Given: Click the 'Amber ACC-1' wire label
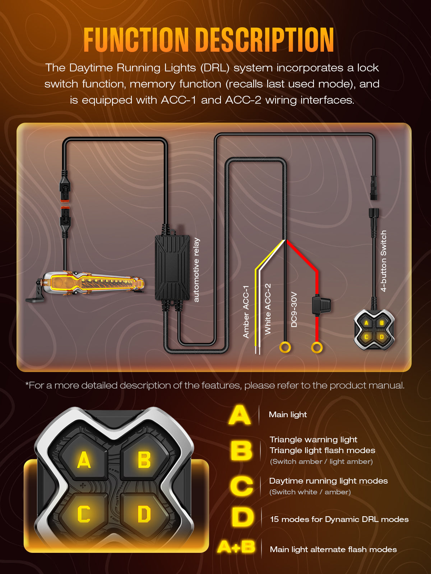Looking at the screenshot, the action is [x=246, y=312].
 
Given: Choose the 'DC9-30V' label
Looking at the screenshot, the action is [x=294, y=310].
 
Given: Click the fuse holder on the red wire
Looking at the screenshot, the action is [x=321, y=305].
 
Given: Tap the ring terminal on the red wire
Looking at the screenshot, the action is [x=317, y=348].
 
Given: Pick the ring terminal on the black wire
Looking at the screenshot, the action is [x=285, y=348].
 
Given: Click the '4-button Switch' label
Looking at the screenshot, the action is [x=383, y=261].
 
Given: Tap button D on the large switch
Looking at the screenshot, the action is [x=144, y=514].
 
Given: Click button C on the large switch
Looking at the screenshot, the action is [x=84, y=514].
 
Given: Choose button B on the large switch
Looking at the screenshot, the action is [x=144, y=460].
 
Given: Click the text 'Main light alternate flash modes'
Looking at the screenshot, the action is [x=333, y=549].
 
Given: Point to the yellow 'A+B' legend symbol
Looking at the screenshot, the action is [x=236, y=547].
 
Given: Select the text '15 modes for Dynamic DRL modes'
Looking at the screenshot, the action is [x=339, y=519].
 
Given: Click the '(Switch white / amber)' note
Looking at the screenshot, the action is [x=310, y=492].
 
